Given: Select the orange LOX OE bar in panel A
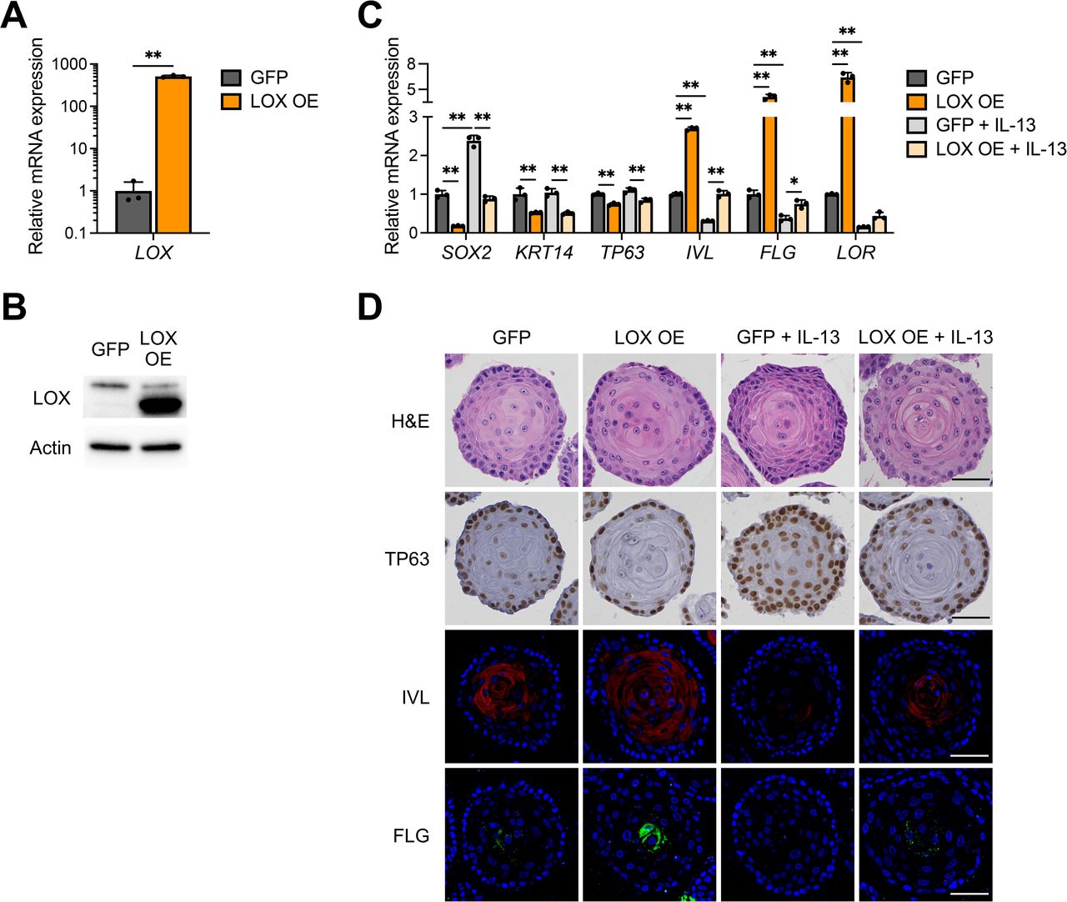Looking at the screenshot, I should [x=173, y=154].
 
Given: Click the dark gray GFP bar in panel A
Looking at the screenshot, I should [x=133, y=212].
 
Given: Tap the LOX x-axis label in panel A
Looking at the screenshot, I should [x=153, y=253].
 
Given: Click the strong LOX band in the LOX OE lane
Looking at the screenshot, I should [x=161, y=406].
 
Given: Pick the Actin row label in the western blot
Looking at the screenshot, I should [x=50, y=448].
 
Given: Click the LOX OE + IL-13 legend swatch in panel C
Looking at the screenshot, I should [x=917, y=149].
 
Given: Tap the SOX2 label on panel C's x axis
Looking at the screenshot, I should [x=466, y=253].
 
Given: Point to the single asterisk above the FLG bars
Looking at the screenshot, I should [x=794, y=181].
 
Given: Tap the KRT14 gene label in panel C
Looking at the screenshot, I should [x=544, y=253].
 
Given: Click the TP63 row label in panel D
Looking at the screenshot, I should [x=407, y=559].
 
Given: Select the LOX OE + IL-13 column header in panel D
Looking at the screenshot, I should [x=925, y=338].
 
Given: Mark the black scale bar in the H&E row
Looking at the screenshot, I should [x=969, y=480].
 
